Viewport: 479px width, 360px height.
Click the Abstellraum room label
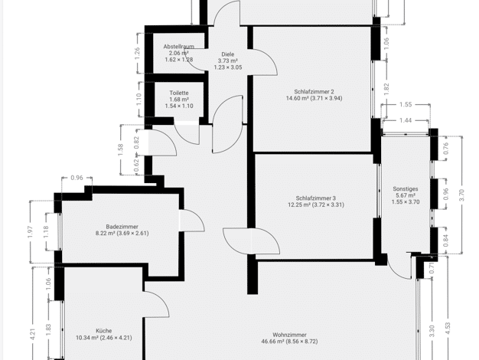coord(179,47)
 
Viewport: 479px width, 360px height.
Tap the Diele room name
coord(228,54)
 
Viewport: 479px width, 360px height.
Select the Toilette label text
coord(179,93)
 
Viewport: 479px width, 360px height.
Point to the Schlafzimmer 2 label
coord(314,91)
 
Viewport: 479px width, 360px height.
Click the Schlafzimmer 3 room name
coord(316,198)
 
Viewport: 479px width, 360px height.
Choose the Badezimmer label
coord(122,227)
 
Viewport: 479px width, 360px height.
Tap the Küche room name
coord(104,331)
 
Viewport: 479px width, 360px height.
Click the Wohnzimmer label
coord(289,335)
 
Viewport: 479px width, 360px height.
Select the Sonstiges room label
coord(406,188)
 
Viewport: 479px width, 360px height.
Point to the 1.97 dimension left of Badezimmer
coord(30,232)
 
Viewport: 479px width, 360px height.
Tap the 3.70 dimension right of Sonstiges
coord(461,195)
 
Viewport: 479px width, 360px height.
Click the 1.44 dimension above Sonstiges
coord(406,120)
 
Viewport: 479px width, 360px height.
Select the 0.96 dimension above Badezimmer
coord(77,178)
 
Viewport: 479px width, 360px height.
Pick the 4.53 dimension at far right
coord(448,329)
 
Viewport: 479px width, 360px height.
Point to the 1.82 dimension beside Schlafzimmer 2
coord(386,90)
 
